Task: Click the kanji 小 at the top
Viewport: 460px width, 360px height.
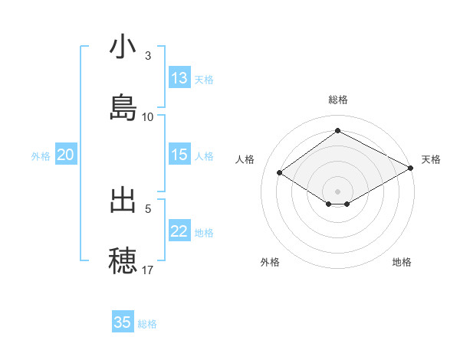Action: point(123,47)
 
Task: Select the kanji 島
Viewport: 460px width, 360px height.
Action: point(123,106)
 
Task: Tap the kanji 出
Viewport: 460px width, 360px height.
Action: point(123,200)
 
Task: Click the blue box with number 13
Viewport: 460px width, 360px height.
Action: point(179,78)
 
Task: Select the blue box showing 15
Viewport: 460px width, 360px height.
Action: point(179,155)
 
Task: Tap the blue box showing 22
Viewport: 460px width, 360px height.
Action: point(179,231)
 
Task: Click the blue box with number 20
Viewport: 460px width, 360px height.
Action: point(66,155)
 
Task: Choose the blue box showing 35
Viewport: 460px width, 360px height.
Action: point(123,322)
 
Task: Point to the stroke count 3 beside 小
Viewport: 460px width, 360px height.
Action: point(148,56)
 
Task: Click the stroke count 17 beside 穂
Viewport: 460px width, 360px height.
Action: point(148,270)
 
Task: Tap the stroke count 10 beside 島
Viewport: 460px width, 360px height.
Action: point(148,116)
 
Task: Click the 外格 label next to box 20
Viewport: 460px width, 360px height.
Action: point(41,155)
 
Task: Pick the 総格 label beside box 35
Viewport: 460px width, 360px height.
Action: point(147,324)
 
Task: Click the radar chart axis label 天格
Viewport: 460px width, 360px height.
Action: point(431,159)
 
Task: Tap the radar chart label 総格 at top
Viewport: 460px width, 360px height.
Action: point(338,100)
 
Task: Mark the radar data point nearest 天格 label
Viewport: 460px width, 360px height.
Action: point(412,169)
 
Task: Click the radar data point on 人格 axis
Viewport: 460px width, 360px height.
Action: point(280,173)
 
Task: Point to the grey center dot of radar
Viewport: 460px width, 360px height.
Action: point(338,191)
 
